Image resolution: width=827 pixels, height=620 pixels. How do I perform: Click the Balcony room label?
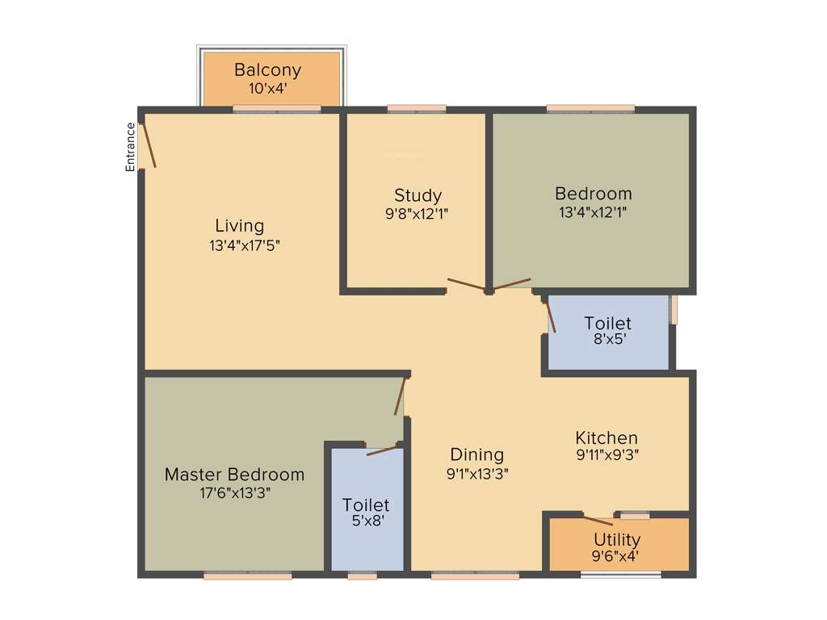pyautogui.click(x=267, y=70)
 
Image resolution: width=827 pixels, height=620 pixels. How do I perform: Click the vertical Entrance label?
pyautogui.click(x=130, y=146)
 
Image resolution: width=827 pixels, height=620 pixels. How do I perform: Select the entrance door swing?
pyautogui.click(x=149, y=145)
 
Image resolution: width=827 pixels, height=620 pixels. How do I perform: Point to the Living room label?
pyautogui.click(x=239, y=225)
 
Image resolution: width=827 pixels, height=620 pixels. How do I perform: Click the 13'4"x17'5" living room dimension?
pyautogui.click(x=245, y=245)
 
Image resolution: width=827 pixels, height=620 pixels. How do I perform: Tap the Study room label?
pyautogui.click(x=418, y=195)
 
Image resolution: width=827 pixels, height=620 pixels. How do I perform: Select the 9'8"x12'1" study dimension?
pyautogui.click(x=418, y=214)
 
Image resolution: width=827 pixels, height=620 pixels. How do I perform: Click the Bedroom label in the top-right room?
pyautogui.click(x=593, y=194)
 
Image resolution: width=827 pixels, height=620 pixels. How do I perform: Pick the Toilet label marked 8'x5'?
pyautogui.click(x=607, y=324)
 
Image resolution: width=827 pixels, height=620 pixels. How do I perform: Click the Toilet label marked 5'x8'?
pyautogui.click(x=366, y=505)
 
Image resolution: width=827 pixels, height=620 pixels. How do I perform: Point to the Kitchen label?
pyautogui.click(x=606, y=438)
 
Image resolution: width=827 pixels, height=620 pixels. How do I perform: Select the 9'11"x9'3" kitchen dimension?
pyautogui.click(x=607, y=455)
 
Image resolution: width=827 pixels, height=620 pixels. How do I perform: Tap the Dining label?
pyautogui.click(x=476, y=455)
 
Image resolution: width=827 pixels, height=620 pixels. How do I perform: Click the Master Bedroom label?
pyautogui.click(x=234, y=474)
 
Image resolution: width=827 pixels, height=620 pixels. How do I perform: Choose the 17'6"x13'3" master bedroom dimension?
pyautogui.click(x=234, y=492)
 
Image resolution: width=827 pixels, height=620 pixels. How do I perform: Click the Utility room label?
pyautogui.click(x=617, y=539)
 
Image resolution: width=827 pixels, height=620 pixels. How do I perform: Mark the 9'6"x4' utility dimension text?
pyautogui.click(x=617, y=555)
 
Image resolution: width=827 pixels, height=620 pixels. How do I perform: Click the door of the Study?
pyautogui.click(x=467, y=284)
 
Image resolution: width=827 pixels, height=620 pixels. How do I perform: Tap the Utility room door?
pyautogui.click(x=598, y=521)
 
